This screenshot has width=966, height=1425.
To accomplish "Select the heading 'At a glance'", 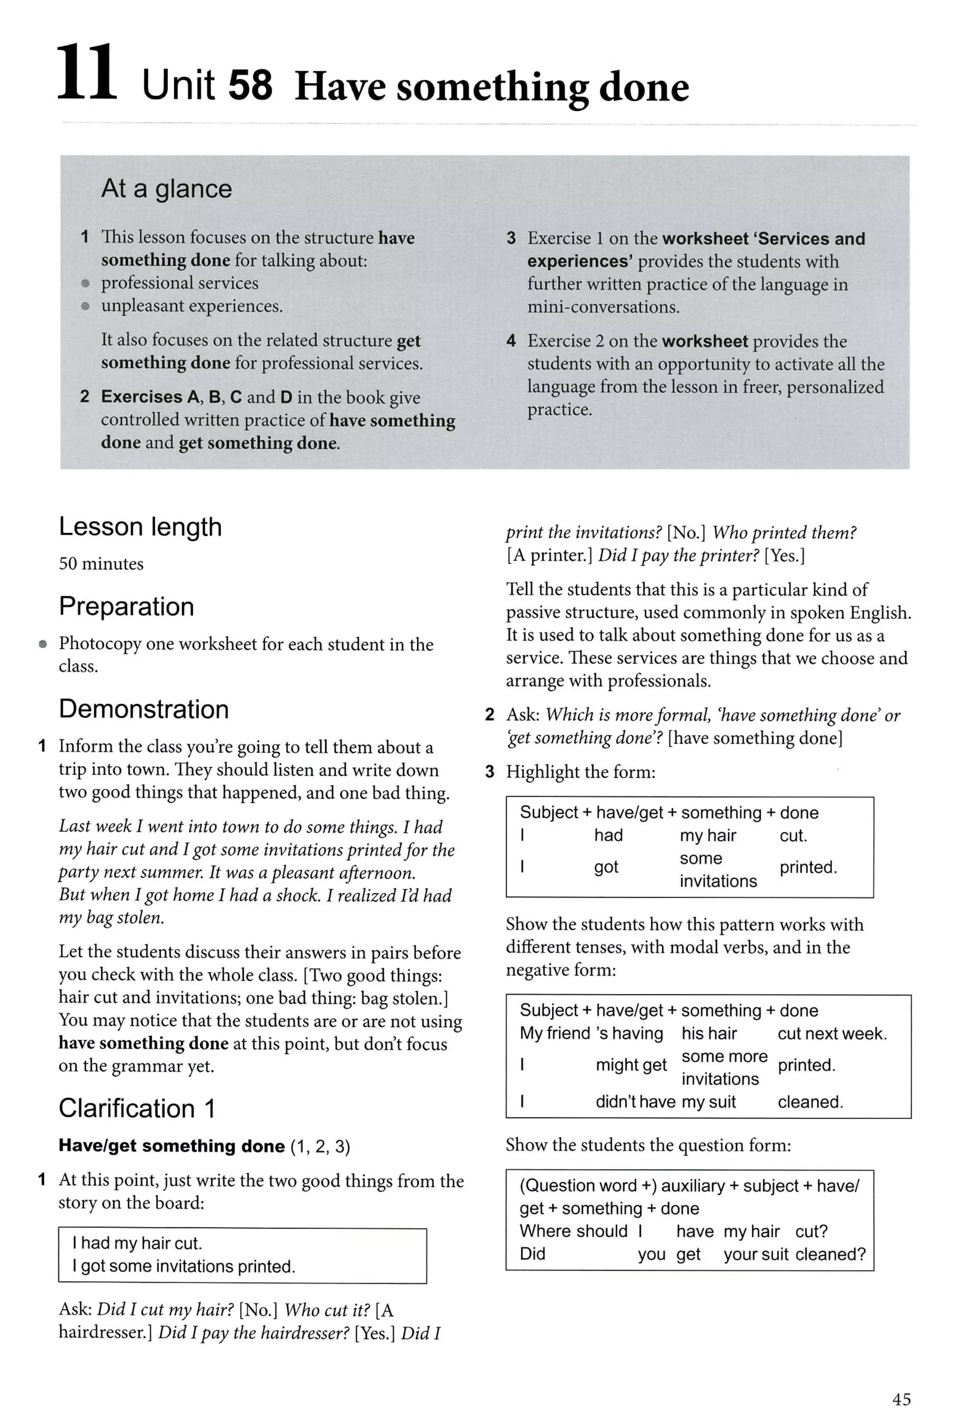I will (166, 188).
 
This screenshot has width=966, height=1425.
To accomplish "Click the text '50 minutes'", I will (101, 563).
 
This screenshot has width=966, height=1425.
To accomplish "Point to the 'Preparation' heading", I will (126, 606).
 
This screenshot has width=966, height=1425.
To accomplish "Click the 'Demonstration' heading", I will (143, 709).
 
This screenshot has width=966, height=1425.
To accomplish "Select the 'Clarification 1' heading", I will (137, 1108).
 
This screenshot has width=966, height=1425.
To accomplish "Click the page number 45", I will (901, 1399).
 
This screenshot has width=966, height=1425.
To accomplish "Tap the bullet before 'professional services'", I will (86, 283).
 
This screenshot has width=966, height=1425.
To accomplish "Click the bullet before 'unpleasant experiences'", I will (86, 306).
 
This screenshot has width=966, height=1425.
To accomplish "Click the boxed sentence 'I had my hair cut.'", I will (137, 1243).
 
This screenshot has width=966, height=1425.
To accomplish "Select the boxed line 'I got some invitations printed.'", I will (183, 1266).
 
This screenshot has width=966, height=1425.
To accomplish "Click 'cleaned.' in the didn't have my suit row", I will (810, 1102).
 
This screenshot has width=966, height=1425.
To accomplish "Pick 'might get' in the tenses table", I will (631, 1065).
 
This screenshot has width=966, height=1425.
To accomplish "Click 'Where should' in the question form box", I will (573, 1231).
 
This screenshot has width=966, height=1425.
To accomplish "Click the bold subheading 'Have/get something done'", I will (172, 1146).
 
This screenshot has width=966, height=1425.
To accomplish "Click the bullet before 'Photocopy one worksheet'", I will (43, 644).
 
